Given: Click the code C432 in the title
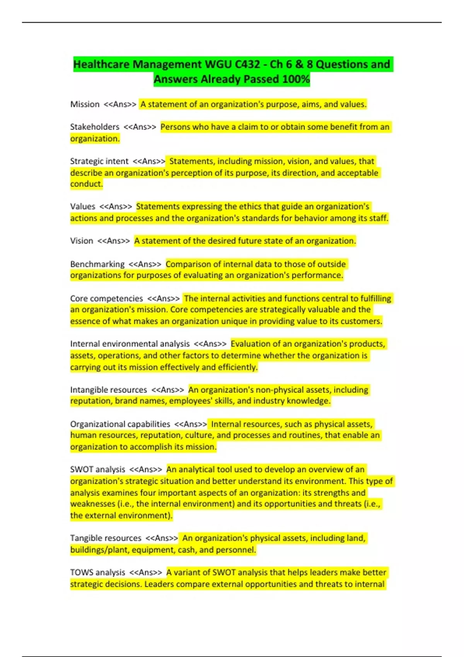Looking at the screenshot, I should coord(247,64).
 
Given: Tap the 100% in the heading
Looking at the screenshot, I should coord(296,79).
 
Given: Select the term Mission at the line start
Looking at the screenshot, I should coord(85,104).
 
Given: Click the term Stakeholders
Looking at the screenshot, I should coord(95,127).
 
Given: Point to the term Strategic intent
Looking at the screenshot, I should coord(99,161).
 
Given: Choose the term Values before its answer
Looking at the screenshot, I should coord(82,206).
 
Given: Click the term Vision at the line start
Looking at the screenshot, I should coord(82,241).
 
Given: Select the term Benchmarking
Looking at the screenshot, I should coord(97,264).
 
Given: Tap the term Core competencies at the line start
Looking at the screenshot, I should coord(106,298).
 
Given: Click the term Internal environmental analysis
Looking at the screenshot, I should coord(130,344).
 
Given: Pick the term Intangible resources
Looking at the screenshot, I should coord(108,390).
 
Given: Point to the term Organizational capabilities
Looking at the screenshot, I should coord(120,424).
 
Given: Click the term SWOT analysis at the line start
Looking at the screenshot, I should coord(97,469).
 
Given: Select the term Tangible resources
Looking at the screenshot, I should coord(106,538).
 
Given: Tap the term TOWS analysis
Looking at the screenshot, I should coord(97,572).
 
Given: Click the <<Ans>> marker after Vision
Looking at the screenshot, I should coord(114,241).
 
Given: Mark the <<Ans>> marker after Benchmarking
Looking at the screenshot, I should coord(145,264).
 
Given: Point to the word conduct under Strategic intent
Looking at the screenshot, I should coord(85,184).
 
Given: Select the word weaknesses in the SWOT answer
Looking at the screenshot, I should coord(92,504).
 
